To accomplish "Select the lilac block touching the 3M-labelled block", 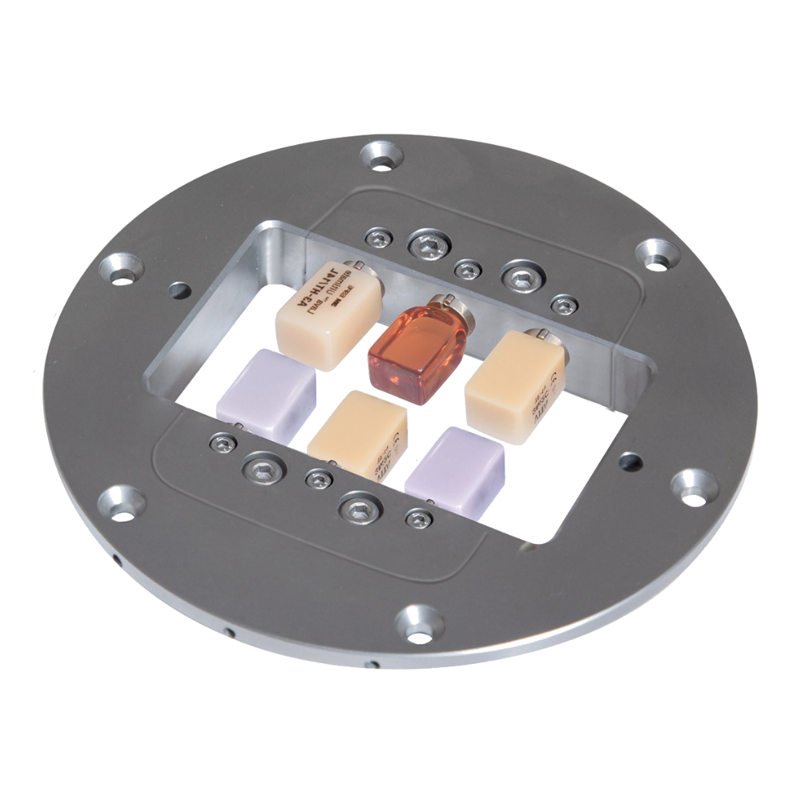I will [266, 389].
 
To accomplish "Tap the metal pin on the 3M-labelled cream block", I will [358, 265].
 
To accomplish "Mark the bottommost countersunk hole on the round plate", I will [420, 622].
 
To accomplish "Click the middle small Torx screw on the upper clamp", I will [468, 269].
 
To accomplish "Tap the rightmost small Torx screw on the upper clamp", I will [566, 304].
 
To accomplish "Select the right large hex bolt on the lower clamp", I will [359, 507].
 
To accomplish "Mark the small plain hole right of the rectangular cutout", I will [630, 461].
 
